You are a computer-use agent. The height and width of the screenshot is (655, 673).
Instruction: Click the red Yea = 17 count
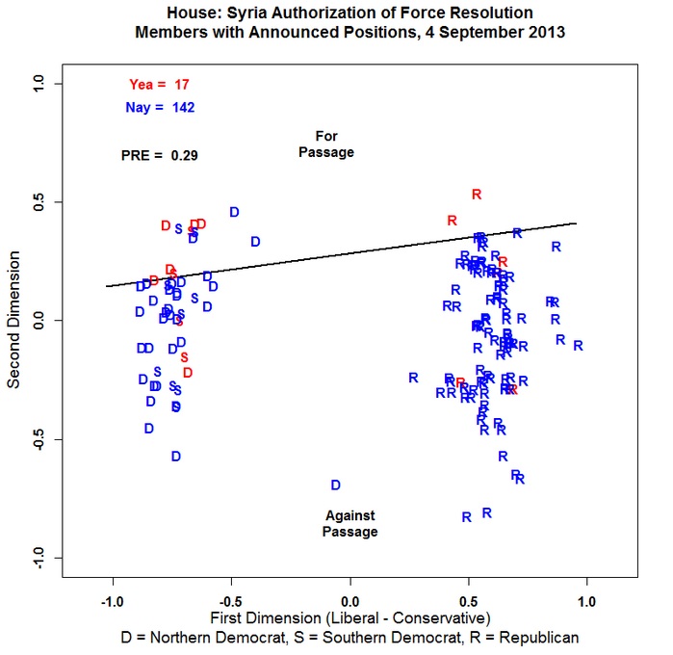(x=159, y=85)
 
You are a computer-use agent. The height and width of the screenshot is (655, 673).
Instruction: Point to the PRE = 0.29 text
(x=160, y=154)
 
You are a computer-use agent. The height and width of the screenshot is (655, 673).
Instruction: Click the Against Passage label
(x=350, y=523)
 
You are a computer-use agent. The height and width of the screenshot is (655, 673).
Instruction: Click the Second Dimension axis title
(x=16, y=321)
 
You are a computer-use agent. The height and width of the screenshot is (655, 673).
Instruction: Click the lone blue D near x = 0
(x=336, y=485)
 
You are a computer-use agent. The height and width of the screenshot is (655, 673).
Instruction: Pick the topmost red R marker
(x=476, y=195)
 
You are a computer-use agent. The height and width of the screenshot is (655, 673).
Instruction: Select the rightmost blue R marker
(x=579, y=346)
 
